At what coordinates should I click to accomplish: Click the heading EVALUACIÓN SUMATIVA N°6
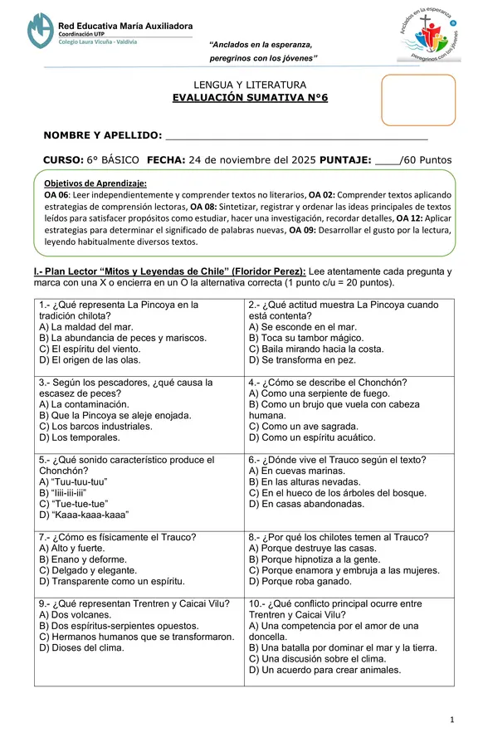(250, 97)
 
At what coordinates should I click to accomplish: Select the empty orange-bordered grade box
(418, 100)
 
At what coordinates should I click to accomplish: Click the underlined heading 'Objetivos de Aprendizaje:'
(95, 183)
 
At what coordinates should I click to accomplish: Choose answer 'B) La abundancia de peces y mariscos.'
(123, 338)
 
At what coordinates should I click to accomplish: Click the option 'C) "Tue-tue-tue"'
(74, 503)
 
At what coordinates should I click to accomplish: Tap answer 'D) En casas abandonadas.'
(307, 503)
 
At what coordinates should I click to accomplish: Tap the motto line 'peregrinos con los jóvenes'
(263, 58)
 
